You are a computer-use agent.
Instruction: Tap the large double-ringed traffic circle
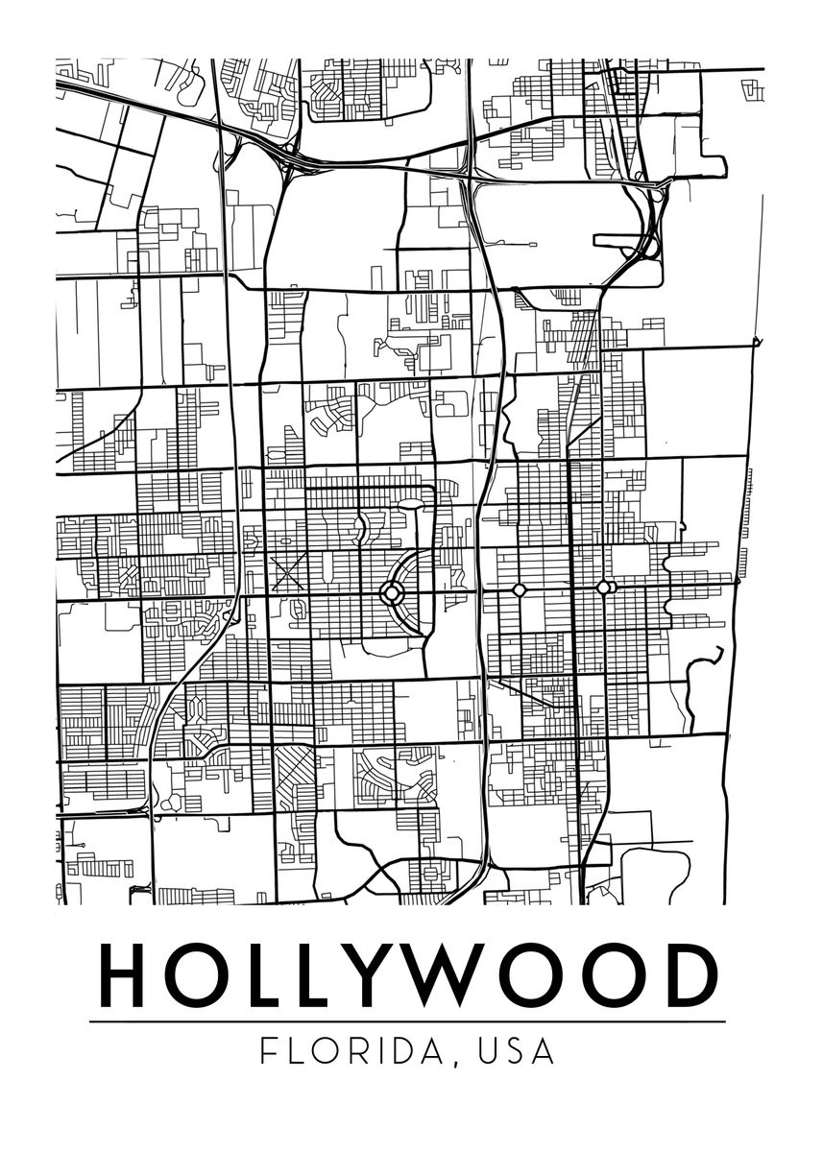click(393, 592)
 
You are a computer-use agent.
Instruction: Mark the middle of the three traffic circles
click(520, 588)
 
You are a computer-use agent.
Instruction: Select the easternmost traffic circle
click(603, 587)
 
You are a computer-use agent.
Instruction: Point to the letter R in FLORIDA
click(359, 1050)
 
